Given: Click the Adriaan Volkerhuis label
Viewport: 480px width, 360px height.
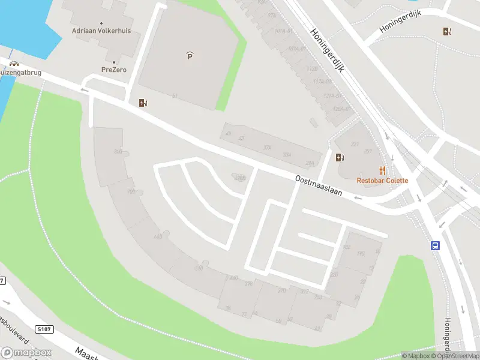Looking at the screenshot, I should pyautogui.click(x=101, y=31).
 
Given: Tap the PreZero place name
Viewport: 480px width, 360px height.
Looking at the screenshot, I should pyautogui.click(x=113, y=70).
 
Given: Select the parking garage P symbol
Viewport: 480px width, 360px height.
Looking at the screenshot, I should pyautogui.click(x=190, y=56).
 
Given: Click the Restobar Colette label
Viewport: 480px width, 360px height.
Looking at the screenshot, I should pyautogui.click(x=382, y=181).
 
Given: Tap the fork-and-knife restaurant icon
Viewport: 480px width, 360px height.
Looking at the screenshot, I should pyautogui.click(x=382, y=170).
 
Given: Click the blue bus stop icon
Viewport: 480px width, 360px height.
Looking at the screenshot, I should pyautogui.click(x=436, y=245).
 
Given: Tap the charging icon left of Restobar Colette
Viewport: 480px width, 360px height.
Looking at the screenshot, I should pyautogui.click(x=340, y=158).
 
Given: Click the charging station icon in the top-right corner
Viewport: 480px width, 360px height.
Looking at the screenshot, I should pyautogui.click(x=447, y=32).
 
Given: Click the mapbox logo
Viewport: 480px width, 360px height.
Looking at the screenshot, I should pyautogui.click(x=25, y=352).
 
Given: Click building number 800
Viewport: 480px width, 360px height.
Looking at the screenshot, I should pyautogui.click(x=118, y=152).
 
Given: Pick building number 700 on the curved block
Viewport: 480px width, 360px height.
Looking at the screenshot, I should pyautogui.click(x=131, y=192).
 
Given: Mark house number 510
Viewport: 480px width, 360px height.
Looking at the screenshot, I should pyautogui.click(x=199, y=269).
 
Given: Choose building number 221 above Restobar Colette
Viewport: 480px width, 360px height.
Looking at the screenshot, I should pyautogui.click(x=355, y=144).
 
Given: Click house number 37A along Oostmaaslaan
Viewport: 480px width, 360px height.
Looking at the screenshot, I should pyautogui.click(x=268, y=147).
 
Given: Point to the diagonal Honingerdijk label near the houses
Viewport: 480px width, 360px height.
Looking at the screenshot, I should pyautogui.click(x=327, y=50).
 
